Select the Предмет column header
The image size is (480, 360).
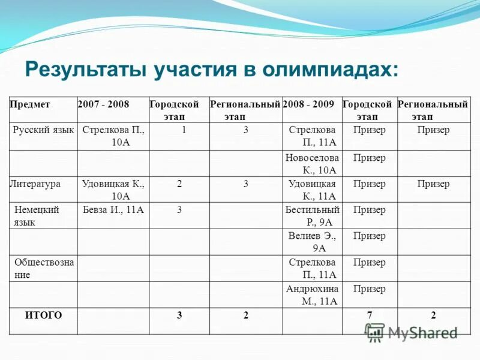[x=30, y=104]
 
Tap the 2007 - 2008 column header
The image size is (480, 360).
[x=103, y=104]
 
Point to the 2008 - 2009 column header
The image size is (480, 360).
[x=308, y=104]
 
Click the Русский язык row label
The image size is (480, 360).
[x=43, y=130]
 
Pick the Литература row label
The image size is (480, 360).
[x=35, y=184]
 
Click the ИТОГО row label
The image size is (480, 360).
[x=43, y=315]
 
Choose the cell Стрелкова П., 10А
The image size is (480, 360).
[x=113, y=136]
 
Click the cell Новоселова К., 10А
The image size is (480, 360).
[x=312, y=164]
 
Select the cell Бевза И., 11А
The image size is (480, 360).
[x=113, y=210]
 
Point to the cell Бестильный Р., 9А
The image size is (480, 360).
[x=312, y=216]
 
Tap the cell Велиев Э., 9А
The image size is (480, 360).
[x=312, y=242]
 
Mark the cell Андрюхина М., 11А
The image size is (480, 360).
[x=312, y=295]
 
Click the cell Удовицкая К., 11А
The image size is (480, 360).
[x=312, y=190]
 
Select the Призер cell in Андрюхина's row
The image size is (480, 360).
[x=370, y=289]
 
